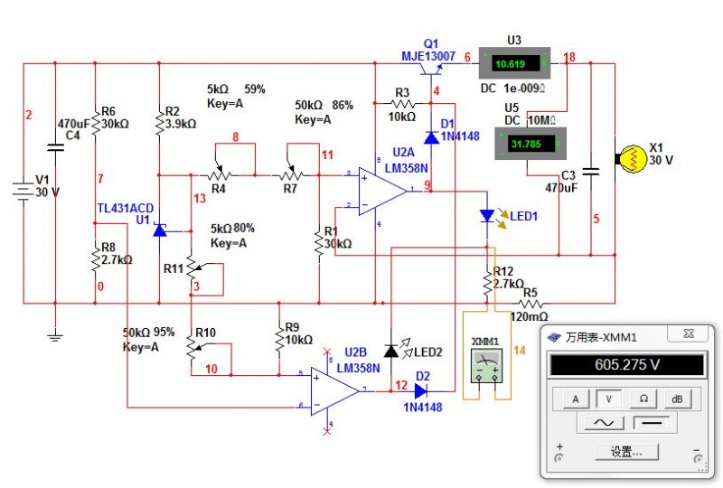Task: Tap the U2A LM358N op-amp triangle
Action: click(x=382, y=190)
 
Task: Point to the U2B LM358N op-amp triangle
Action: click(x=335, y=390)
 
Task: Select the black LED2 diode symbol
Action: click(x=390, y=350)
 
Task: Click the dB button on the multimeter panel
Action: click(x=677, y=398)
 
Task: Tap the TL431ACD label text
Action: click(x=126, y=209)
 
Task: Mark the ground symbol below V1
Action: click(x=55, y=336)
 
